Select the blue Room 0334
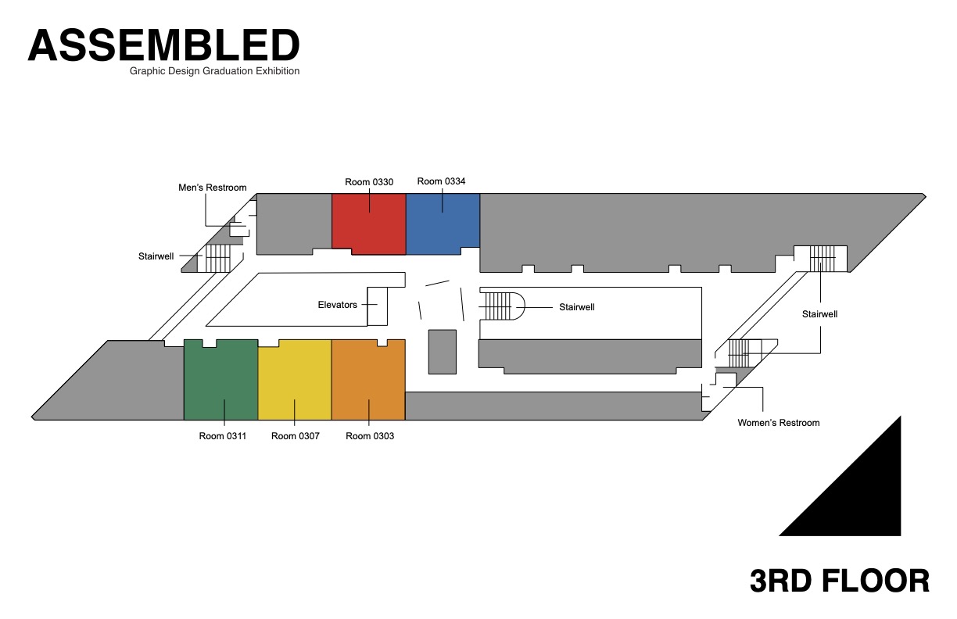point(443,220)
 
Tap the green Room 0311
point(220,381)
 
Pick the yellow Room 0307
point(295,381)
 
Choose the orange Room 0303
point(368,381)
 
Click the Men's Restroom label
point(213,188)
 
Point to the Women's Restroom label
point(779,423)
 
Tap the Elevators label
point(337,305)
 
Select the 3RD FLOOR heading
point(839,581)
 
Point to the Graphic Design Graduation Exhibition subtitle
point(215,71)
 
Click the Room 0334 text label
point(441,181)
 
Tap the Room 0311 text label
point(223,436)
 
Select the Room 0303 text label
point(370,436)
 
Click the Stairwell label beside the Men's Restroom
point(157,256)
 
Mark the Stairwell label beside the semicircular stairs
point(577,307)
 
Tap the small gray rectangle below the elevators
point(442,352)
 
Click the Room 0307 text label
point(296,436)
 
